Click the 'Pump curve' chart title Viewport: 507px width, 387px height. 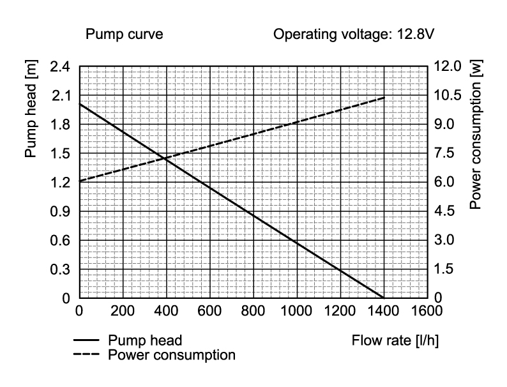coord(124,34)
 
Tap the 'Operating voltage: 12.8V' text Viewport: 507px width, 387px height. coord(354,34)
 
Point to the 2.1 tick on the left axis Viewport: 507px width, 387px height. coord(61,96)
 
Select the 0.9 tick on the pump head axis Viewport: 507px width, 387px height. coord(60,211)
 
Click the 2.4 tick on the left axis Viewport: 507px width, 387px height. coord(60,67)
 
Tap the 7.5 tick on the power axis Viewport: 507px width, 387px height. coord(444,153)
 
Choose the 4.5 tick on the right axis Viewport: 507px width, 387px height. coord(444,211)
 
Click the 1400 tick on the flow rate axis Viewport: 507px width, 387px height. coord(383,311)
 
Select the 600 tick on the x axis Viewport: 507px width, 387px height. coord(209,311)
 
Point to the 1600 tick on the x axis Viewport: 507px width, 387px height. coord(427,311)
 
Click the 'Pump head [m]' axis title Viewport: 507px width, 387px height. coord(31,109)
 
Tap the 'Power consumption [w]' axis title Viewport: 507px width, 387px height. coord(475,135)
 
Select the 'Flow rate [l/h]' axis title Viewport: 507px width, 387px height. coord(395,340)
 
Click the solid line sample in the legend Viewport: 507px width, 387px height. coord(86,340)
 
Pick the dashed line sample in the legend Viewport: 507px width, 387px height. coord(86,354)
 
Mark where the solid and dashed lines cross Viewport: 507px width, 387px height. coord(163,158)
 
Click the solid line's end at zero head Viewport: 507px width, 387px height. coord(384,298)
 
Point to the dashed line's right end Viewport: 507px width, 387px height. coord(385,97)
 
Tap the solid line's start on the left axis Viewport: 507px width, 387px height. coord(80,104)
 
